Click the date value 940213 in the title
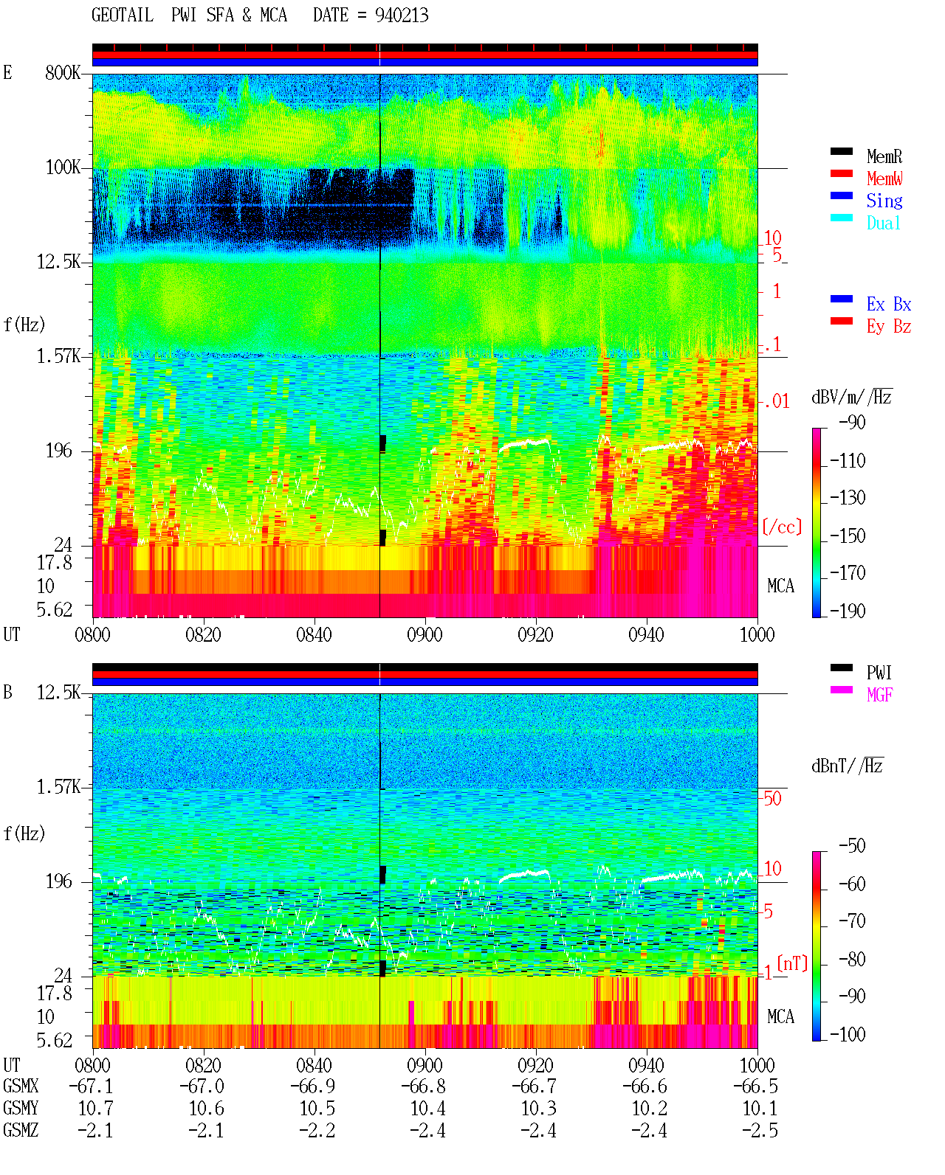point(402,15)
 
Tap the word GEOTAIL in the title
point(123,15)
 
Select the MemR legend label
point(884,156)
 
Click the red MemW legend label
point(884,178)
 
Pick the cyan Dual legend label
point(884,223)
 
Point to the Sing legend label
point(884,201)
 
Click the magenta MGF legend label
point(879,695)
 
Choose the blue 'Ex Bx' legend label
point(889,304)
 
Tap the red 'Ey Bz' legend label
point(889,326)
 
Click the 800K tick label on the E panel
point(63,72)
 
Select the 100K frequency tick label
point(63,167)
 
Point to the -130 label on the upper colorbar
point(848,497)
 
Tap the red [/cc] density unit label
point(782,527)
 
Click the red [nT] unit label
point(792,963)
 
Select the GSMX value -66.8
point(424,1086)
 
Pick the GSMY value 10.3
point(538,1109)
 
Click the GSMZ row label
point(21,1130)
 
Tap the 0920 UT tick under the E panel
point(536,635)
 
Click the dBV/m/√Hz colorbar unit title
point(852,396)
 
